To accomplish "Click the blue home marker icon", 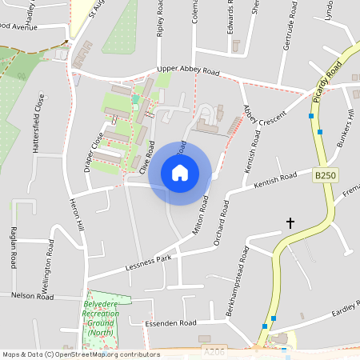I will (x=180, y=173).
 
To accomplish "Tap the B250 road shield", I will (x=324, y=175).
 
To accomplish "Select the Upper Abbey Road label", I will (x=188, y=71).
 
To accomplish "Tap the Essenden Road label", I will (x=170, y=323).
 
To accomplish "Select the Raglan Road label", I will (x=14, y=246).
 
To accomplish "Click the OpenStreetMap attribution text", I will (x=81, y=354).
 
